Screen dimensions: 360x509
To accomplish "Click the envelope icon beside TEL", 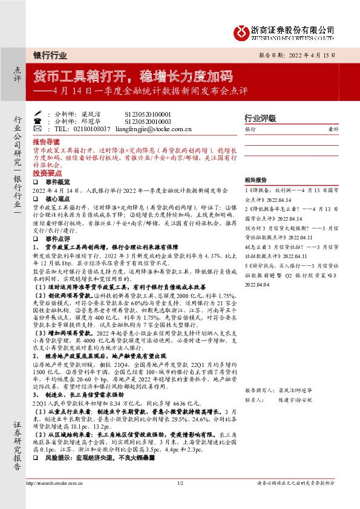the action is [38, 129].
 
